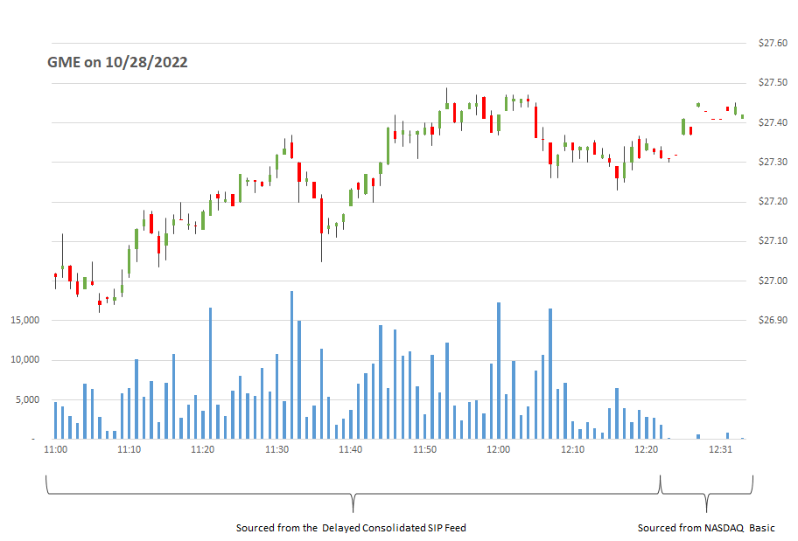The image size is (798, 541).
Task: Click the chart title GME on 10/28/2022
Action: click(x=116, y=62)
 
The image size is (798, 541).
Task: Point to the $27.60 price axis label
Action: click(x=772, y=43)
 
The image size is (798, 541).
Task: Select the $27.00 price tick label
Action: click(x=772, y=281)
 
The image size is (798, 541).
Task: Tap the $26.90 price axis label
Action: click(x=772, y=321)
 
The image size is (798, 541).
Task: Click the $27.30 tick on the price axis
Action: click(x=772, y=163)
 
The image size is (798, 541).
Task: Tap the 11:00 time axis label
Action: click(x=55, y=449)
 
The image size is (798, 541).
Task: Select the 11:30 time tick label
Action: click(x=276, y=449)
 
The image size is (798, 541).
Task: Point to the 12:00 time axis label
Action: click(x=498, y=449)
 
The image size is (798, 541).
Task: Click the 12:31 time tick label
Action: click(x=719, y=449)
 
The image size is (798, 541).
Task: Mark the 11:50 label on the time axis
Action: click(x=424, y=449)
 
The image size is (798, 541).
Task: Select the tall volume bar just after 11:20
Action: click(x=210, y=373)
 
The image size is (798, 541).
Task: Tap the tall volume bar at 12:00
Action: click(x=499, y=371)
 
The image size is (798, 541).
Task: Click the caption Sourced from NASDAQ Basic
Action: click(x=705, y=528)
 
